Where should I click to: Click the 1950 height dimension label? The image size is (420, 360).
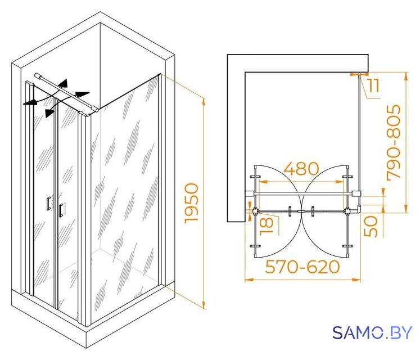tap(192, 203)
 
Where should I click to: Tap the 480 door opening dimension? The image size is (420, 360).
tap(301, 169)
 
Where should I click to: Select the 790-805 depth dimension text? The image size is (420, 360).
tap(394, 142)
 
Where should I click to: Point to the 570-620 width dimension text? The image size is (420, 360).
tap(302, 267)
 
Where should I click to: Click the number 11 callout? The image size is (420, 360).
tap(373, 85)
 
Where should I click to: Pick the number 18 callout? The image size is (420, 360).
tap(267, 226)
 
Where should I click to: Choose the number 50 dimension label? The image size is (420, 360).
tap(371, 227)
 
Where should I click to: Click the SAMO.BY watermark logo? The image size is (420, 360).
tap(372, 332)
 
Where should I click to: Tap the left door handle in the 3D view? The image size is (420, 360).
tap(48, 203)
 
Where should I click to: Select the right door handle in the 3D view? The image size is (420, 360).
tap(61, 210)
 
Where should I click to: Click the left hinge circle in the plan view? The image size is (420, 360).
tap(256, 211)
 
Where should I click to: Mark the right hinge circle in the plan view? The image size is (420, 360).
tap(347, 211)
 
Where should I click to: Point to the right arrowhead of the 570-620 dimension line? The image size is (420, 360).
tap(356, 280)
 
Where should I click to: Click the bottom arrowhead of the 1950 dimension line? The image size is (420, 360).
tap(204, 305)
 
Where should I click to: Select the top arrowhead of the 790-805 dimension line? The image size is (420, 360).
tap(407, 76)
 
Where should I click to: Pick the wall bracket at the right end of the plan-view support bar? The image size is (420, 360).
tap(356, 193)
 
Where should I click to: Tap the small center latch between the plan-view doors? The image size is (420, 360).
tap(301, 211)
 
